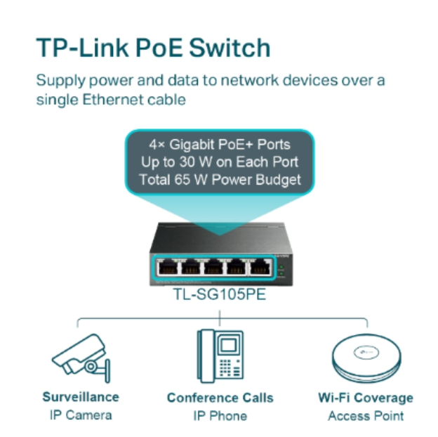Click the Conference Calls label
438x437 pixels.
(x=220, y=398)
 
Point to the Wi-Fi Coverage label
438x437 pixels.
(x=365, y=398)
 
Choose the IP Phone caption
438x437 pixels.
(x=220, y=415)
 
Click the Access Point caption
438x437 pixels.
(x=365, y=415)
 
